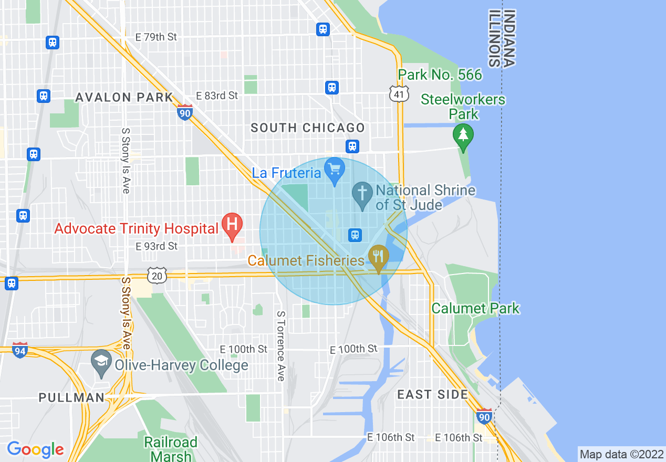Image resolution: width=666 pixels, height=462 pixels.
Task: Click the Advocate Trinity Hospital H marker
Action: pos(232,224)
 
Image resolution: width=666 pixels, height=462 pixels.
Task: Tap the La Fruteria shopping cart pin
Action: pos(335,170)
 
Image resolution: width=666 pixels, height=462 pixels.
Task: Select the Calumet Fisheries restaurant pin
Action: pos(378,257)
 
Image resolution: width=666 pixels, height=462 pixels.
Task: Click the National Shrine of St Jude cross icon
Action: pos(362,193)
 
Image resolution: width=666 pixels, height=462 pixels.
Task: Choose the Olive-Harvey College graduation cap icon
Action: pos(100,362)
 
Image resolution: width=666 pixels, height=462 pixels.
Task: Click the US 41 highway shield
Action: pos(399,93)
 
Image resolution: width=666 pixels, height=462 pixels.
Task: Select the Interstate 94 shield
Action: pos(20,350)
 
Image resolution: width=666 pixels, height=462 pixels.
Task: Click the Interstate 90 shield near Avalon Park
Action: pos(184,112)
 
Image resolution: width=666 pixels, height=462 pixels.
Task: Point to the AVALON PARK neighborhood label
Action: pos(124,97)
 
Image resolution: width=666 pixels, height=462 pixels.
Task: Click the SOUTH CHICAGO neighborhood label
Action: pos(307,128)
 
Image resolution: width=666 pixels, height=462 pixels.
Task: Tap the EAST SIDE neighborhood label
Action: pos(432,394)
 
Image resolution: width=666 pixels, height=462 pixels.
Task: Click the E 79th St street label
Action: pos(157,37)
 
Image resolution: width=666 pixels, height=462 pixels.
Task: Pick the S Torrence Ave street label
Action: pos(280,345)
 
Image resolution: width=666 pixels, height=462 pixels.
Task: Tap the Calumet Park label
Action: pos(475,308)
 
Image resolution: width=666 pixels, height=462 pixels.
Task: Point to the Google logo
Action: pos(35,449)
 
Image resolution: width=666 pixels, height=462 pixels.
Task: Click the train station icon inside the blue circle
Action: pos(355,234)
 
